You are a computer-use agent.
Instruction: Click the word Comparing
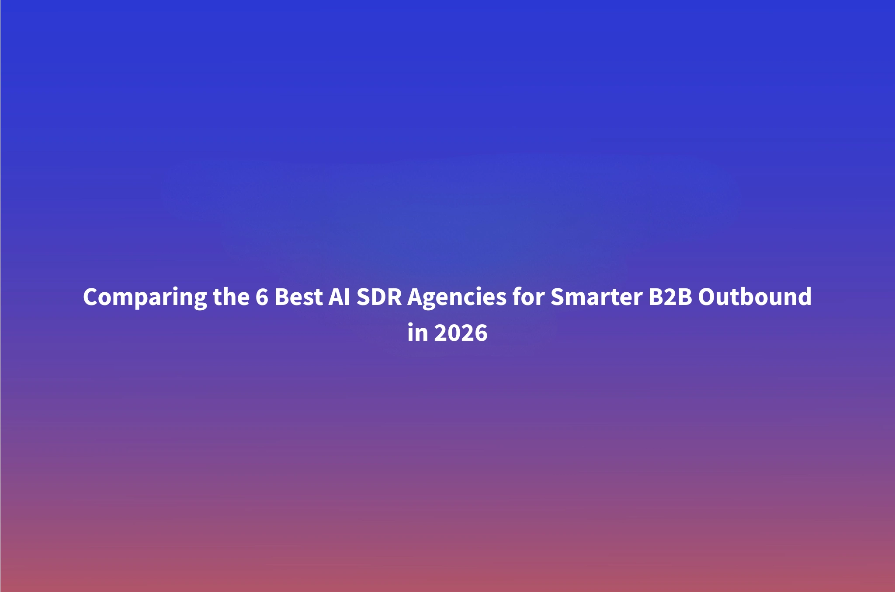click(x=145, y=298)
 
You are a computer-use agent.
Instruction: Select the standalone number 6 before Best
click(x=261, y=297)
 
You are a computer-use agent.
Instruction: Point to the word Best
click(x=298, y=297)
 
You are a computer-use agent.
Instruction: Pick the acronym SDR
click(x=379, y=297)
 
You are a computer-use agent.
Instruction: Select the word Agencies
click(x=457, y=298)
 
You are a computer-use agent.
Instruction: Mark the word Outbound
click(x=755, y=297)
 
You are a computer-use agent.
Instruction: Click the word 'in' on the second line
click(x=417, y=333)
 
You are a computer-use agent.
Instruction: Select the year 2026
click(x=461, y=333)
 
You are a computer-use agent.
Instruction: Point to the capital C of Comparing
click(x=90, y=297)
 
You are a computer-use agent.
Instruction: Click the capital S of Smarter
click(x=558, y=297)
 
